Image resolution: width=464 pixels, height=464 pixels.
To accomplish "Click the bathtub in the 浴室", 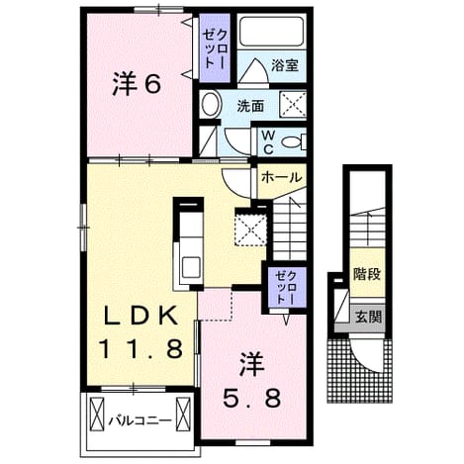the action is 271,32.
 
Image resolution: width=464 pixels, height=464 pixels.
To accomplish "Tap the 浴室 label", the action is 285,65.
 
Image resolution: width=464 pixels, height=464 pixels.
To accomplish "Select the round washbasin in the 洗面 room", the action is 211,105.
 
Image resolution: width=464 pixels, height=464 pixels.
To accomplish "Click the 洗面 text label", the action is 250,106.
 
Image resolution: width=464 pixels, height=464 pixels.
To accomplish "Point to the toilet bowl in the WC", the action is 294,142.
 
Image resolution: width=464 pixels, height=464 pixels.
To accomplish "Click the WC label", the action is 268,142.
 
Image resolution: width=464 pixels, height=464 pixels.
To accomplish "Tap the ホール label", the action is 281,178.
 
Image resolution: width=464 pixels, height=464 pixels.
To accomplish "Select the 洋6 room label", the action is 137,83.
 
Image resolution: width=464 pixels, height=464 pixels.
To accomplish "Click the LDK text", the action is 141,316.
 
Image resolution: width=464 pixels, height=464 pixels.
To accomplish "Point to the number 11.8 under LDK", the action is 140,349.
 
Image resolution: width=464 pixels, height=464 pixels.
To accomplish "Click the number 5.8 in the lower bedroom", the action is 252,398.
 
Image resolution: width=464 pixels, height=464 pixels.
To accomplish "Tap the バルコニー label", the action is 140,420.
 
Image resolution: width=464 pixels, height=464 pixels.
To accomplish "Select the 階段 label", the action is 367,274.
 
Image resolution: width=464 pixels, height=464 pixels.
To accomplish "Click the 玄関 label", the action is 368,317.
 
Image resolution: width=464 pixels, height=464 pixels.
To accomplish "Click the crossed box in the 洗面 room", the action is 293,104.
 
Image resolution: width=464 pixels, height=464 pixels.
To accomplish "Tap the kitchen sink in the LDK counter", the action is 191,268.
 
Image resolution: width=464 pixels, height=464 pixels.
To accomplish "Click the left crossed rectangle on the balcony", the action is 97,414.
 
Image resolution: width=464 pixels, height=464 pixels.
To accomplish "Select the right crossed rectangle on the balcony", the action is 183,414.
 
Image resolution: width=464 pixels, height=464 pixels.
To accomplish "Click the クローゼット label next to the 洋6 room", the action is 216,48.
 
